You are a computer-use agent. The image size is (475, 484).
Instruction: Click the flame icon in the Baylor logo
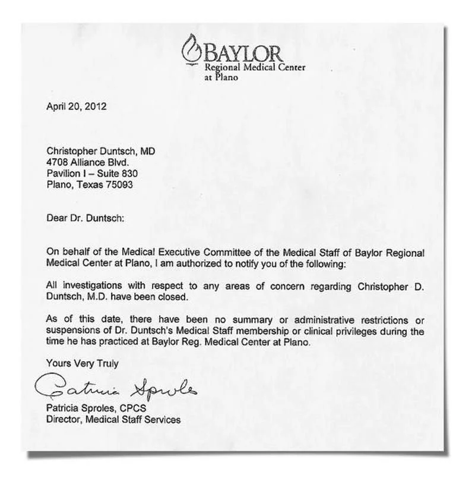[191, 48]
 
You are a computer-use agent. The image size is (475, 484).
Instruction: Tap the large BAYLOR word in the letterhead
[243, 54]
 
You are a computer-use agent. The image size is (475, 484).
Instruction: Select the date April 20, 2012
[77, 107]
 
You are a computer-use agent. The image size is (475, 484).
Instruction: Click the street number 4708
[56, 162]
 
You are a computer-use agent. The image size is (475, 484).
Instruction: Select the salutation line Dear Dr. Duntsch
[85, 218]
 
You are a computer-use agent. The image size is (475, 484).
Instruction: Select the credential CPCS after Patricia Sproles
[134, 408]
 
